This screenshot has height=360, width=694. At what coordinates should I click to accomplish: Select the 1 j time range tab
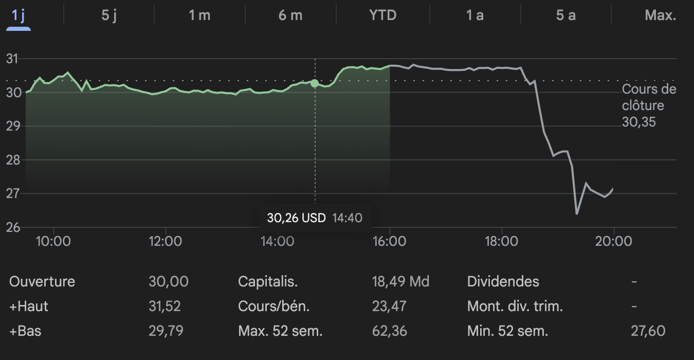(x=19, y=15)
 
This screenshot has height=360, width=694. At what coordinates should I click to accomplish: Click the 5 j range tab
(x=109, y=15)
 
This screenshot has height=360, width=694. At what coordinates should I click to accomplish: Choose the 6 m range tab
(x=290, y=15)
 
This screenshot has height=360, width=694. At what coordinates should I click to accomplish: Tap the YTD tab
(x=383, y=15)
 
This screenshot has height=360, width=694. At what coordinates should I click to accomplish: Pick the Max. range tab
(x=660, y=15)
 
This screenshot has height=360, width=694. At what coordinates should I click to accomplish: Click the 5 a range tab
(x=565, y=15)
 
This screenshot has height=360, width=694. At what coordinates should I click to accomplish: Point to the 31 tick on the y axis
(x=12, y=59)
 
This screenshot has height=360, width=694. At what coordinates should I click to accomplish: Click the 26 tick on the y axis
(x=12, y=227)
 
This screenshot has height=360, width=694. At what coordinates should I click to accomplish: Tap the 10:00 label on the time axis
(x=53, y=241)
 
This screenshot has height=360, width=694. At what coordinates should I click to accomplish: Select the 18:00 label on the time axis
(x=501, y=241)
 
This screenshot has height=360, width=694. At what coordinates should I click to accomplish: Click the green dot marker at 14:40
(x=315, y=83)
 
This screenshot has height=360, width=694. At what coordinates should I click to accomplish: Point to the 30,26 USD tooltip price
(x=296, y=218)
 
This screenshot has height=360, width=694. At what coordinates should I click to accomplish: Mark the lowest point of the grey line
(x=577, y=213)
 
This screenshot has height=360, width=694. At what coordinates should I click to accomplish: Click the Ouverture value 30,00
(x=168, y=282)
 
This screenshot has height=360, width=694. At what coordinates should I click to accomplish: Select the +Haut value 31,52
(x=165, y=307)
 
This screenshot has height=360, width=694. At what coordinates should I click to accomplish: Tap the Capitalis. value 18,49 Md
(x=400, y=282)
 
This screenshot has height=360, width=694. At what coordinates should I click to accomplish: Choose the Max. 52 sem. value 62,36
(x=389, y=331)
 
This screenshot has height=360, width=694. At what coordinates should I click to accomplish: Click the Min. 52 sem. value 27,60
(x=648, y=331)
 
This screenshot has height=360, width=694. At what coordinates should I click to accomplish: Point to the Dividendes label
(x=503, y=282)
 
